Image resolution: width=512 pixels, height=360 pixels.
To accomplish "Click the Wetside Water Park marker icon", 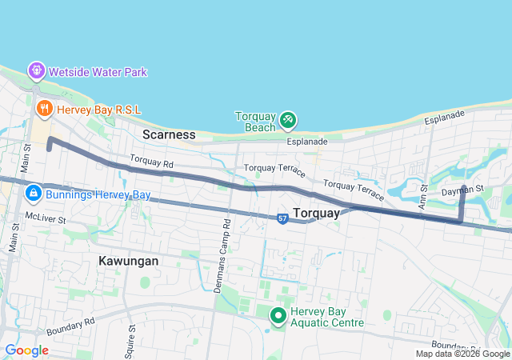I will (37, 71).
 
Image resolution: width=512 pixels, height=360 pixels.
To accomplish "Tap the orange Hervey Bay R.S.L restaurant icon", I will (44, 106).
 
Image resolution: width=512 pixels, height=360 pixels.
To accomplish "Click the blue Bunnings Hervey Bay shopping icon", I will (34, 194).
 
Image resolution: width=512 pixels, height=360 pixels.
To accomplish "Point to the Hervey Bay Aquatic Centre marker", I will (278, 316).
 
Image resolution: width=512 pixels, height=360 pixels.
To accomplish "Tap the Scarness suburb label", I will (169, 134).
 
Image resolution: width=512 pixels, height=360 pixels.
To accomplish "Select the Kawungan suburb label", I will (129, 261).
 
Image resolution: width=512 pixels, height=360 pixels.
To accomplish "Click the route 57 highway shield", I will (283, 218).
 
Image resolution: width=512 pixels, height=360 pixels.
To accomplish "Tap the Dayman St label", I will (463, 191).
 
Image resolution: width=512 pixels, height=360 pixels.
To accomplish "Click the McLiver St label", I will (44, 215).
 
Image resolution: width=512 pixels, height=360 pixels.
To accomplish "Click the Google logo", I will (26, 350).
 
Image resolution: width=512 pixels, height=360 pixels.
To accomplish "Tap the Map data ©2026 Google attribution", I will (462, 354).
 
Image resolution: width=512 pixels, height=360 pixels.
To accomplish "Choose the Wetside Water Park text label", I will (98, 72).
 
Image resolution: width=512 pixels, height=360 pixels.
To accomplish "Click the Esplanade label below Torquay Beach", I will (308, 142).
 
